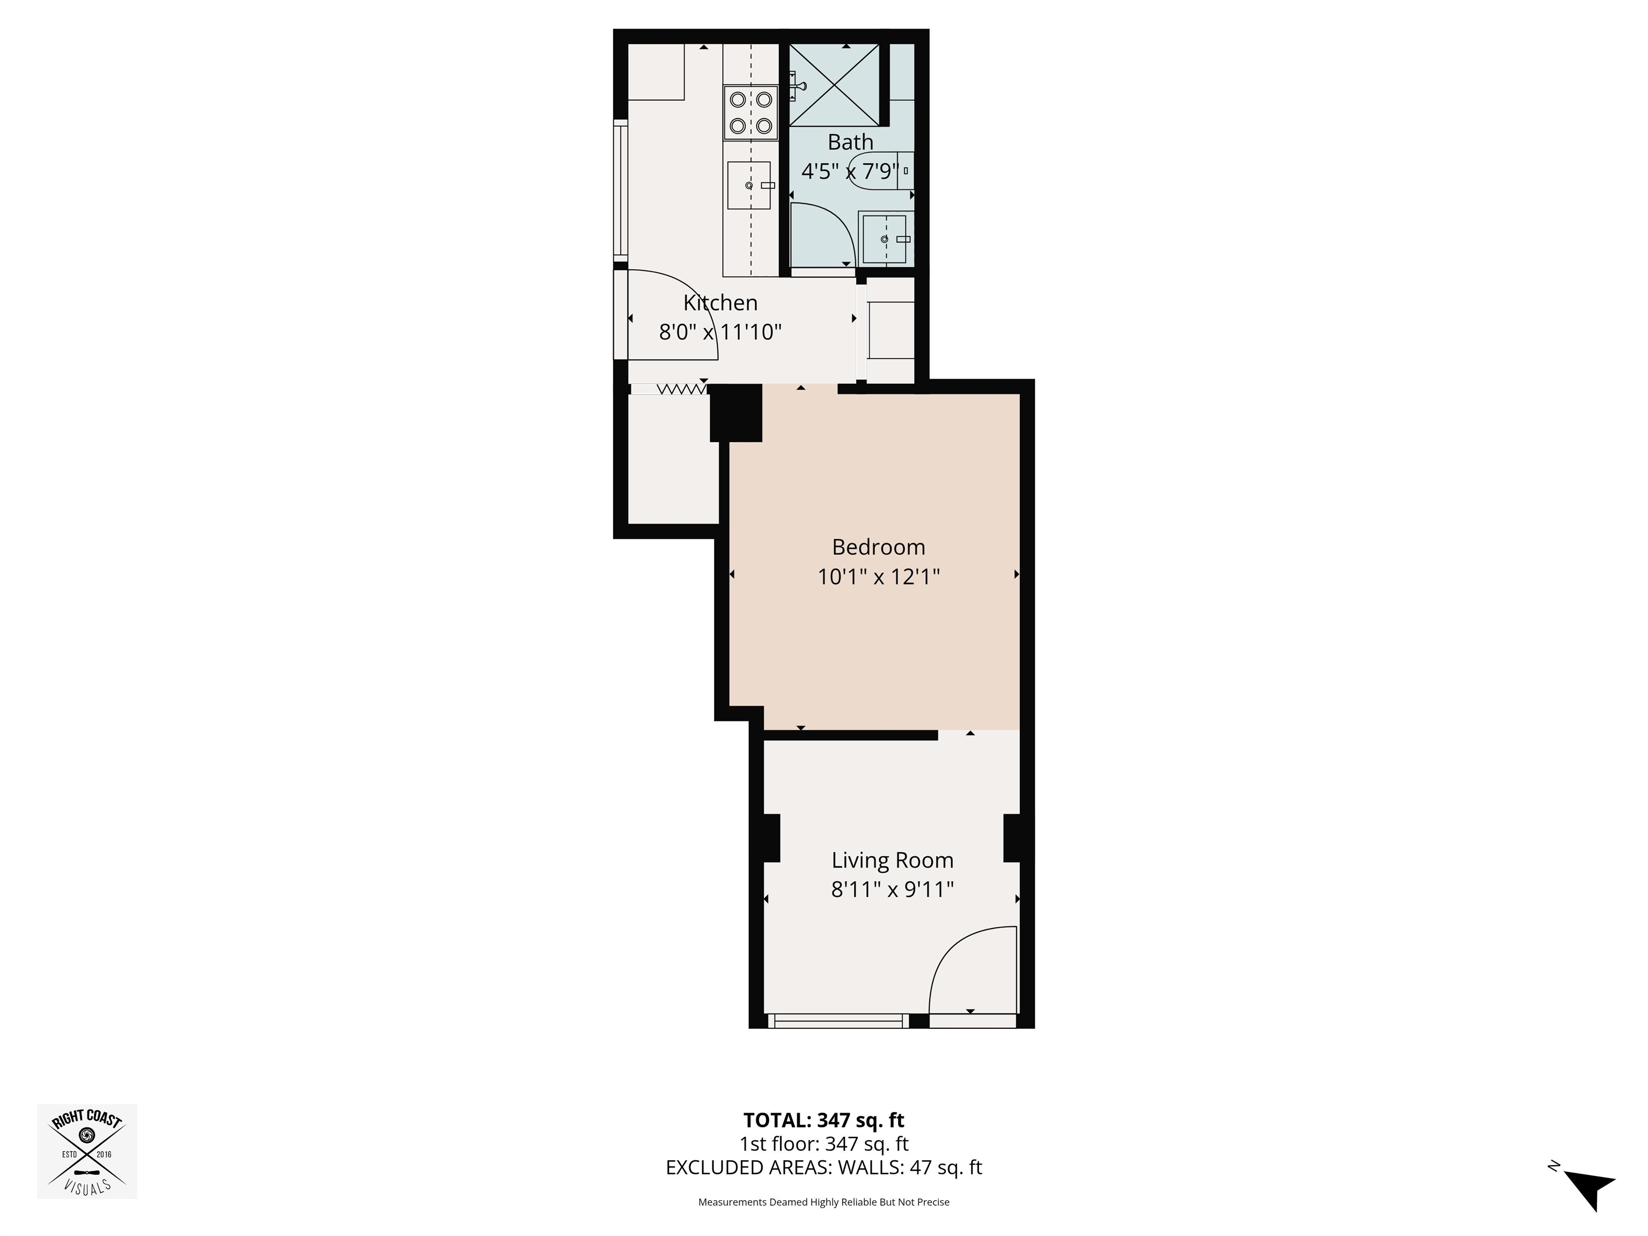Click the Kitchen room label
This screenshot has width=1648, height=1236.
point(720,303)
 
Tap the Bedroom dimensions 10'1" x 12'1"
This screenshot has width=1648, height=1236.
point(878,577)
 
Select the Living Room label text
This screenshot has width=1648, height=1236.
point(893,860)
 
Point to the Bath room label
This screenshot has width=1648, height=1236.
point(850,142)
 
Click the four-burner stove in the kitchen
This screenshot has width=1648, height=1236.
point(751,113)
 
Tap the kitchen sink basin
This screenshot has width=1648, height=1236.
point(749,186)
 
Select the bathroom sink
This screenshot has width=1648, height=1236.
point(885,238)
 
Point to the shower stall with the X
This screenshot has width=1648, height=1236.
point(834,85)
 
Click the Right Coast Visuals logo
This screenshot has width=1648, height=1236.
point(87,1151)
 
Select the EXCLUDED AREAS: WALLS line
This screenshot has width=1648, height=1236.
point(823,1167)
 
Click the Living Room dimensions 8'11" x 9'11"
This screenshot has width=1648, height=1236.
point(893,889)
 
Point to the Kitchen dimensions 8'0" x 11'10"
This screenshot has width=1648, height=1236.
point(720,332)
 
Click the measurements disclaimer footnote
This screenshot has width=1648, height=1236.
point(823,1202)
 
